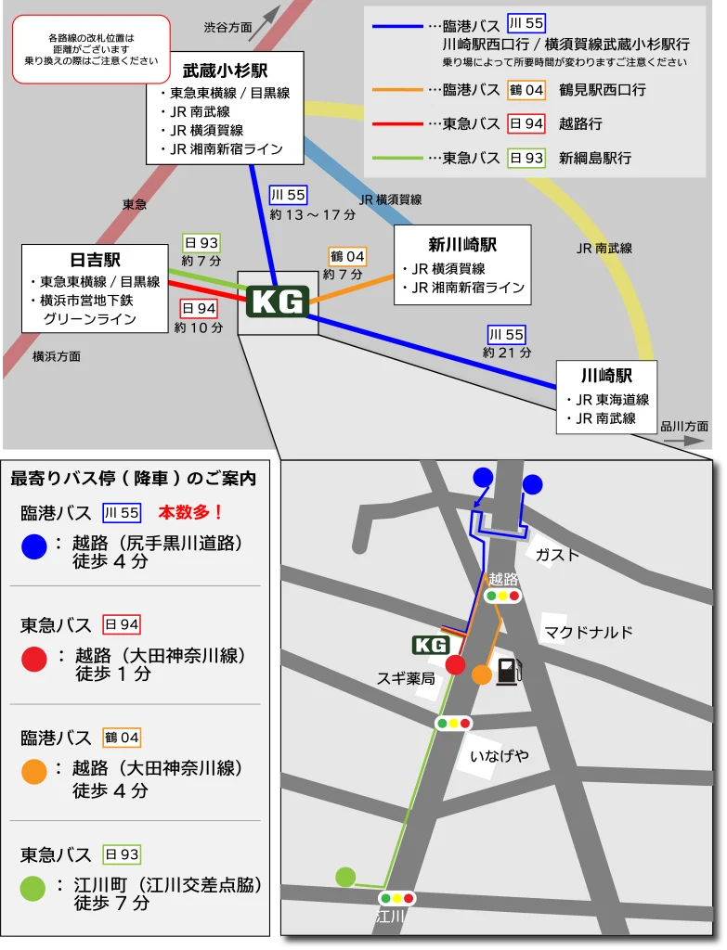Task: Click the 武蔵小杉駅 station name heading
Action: click(225, 71)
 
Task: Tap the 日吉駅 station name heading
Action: click(95, 261)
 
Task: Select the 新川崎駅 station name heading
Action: click(461, 245)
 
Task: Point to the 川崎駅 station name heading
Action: click(606, 376)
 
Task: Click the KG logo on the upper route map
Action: click(278, 302)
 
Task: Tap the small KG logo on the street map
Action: click(431, 645)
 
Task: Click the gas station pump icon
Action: click(507, 671)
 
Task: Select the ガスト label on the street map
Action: click(557, 555)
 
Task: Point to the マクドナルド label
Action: click(589, 633)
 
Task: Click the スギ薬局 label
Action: click(406, 678)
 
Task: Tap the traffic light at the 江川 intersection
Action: click(397, 898)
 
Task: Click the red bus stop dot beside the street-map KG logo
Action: click(455, 664)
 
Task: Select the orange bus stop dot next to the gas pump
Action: click(481, 674)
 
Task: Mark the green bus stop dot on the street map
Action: click(345, 876)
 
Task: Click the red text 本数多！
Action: click(191, 512)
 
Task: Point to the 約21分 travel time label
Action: click(507, 353)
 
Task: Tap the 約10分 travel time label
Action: click(199, 327)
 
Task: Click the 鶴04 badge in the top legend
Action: click(526, 90)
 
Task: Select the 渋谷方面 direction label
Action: click(228, 28)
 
